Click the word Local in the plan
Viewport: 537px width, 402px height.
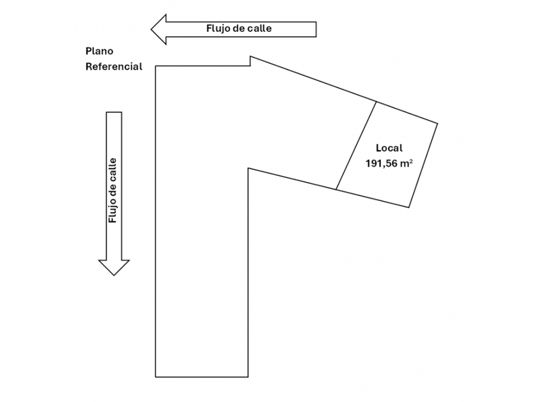pyautogui.click(x=389, y=148)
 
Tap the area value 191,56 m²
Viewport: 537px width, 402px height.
pyautogui.click(x=388, y=164)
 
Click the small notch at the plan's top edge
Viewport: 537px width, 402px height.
pyautogui.click(x=250, y=61)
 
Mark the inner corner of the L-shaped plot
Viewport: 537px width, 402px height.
pyautogui.click(x=248, y=168)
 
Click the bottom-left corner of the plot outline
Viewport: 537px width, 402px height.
pyautogui.click(x=156, y=376)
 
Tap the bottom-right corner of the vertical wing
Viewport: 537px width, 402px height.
pyautogui.click(x=248, y=376)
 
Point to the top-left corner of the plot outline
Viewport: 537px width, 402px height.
pyautogui.click(x=156, y=66)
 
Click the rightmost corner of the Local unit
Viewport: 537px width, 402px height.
pyautogui.click(x=438, y=123)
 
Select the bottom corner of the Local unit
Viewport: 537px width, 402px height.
pyautogui.click(x=409, y=207)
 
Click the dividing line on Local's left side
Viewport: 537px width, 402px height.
pyautogui.click(x=356, y=145)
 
